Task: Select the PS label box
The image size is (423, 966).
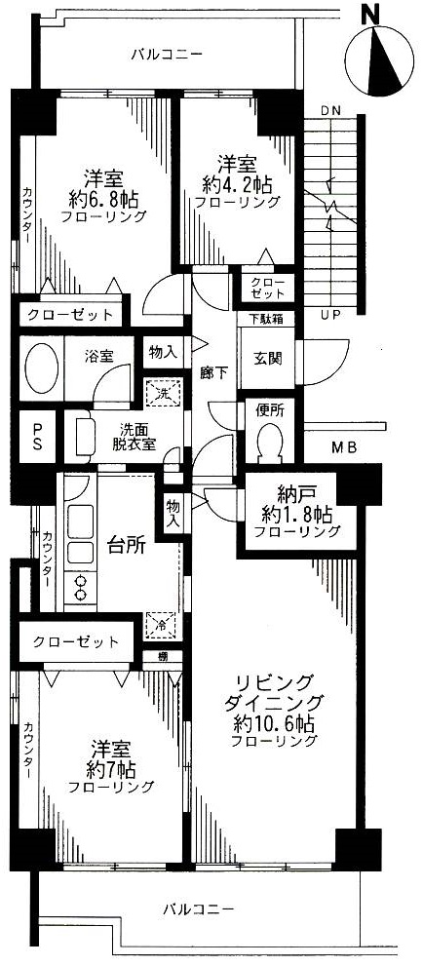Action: click(36, 436)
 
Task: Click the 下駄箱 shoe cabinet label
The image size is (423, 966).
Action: click(265, 319)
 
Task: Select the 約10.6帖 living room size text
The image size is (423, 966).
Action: click(274, 722)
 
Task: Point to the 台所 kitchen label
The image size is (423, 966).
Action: click(126, 545)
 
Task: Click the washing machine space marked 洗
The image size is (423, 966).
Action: click(162, 391)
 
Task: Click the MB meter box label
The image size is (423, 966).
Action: click(344, 447)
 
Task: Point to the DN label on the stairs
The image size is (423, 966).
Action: click(331, 110)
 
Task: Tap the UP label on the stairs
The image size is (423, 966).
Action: click(331, 316)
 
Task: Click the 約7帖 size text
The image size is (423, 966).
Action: click(111, 770)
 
